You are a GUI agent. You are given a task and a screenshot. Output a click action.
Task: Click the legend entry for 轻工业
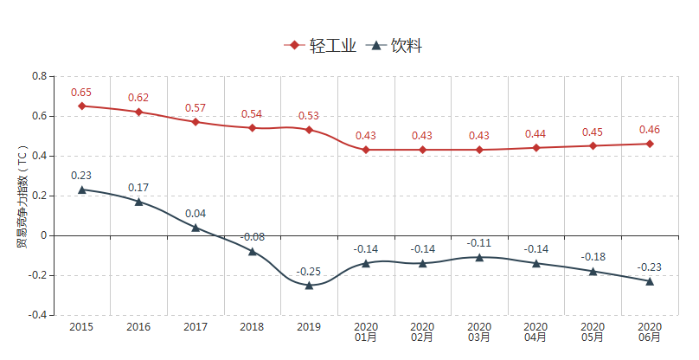pyautogui.click(x=320, y=46)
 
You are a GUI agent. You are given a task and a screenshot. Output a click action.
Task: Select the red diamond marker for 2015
pyautogui.click(x=82, y=106)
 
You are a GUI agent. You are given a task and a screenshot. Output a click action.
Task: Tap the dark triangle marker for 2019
pyautogui.click(x=309, y=285)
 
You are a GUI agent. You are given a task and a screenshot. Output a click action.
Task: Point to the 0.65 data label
pyautogui.click(x=81, y=93)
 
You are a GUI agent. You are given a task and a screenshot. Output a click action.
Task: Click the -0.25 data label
pyautogui.click(x=309, y=272)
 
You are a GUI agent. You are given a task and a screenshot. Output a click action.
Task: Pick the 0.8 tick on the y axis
pyautogui.click(x=39, y=76)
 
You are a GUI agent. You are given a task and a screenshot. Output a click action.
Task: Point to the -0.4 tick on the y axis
pyautogui.click(x=37, y=315)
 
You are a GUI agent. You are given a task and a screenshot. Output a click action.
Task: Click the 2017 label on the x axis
pyautogui.click(x=196, y=327)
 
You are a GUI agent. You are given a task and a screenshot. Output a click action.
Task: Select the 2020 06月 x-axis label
pyautogui.click(x=650, y=332)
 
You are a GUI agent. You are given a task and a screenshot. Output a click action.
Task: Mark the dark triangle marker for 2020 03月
pyautogui.click(x=479, y=257)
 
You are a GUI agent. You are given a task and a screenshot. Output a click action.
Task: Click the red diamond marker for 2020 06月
pyautogui.click(x=650, y=144)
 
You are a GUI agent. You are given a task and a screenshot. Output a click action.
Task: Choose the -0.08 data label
pyautogui.click(x=253, y=237)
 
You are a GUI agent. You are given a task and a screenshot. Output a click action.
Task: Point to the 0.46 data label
pyautogui.click(x=650, y=130)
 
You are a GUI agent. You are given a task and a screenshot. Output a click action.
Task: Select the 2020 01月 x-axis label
pyautogui.click(x=366, y=332)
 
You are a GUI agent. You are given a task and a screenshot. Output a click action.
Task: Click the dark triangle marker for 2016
pyautogui.click(x=138, y=202)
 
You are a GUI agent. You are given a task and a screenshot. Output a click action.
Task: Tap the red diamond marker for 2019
pyautogui.click(x=309, y=130)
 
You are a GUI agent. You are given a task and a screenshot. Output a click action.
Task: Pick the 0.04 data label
pyautogui.click(x=196, y=214)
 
